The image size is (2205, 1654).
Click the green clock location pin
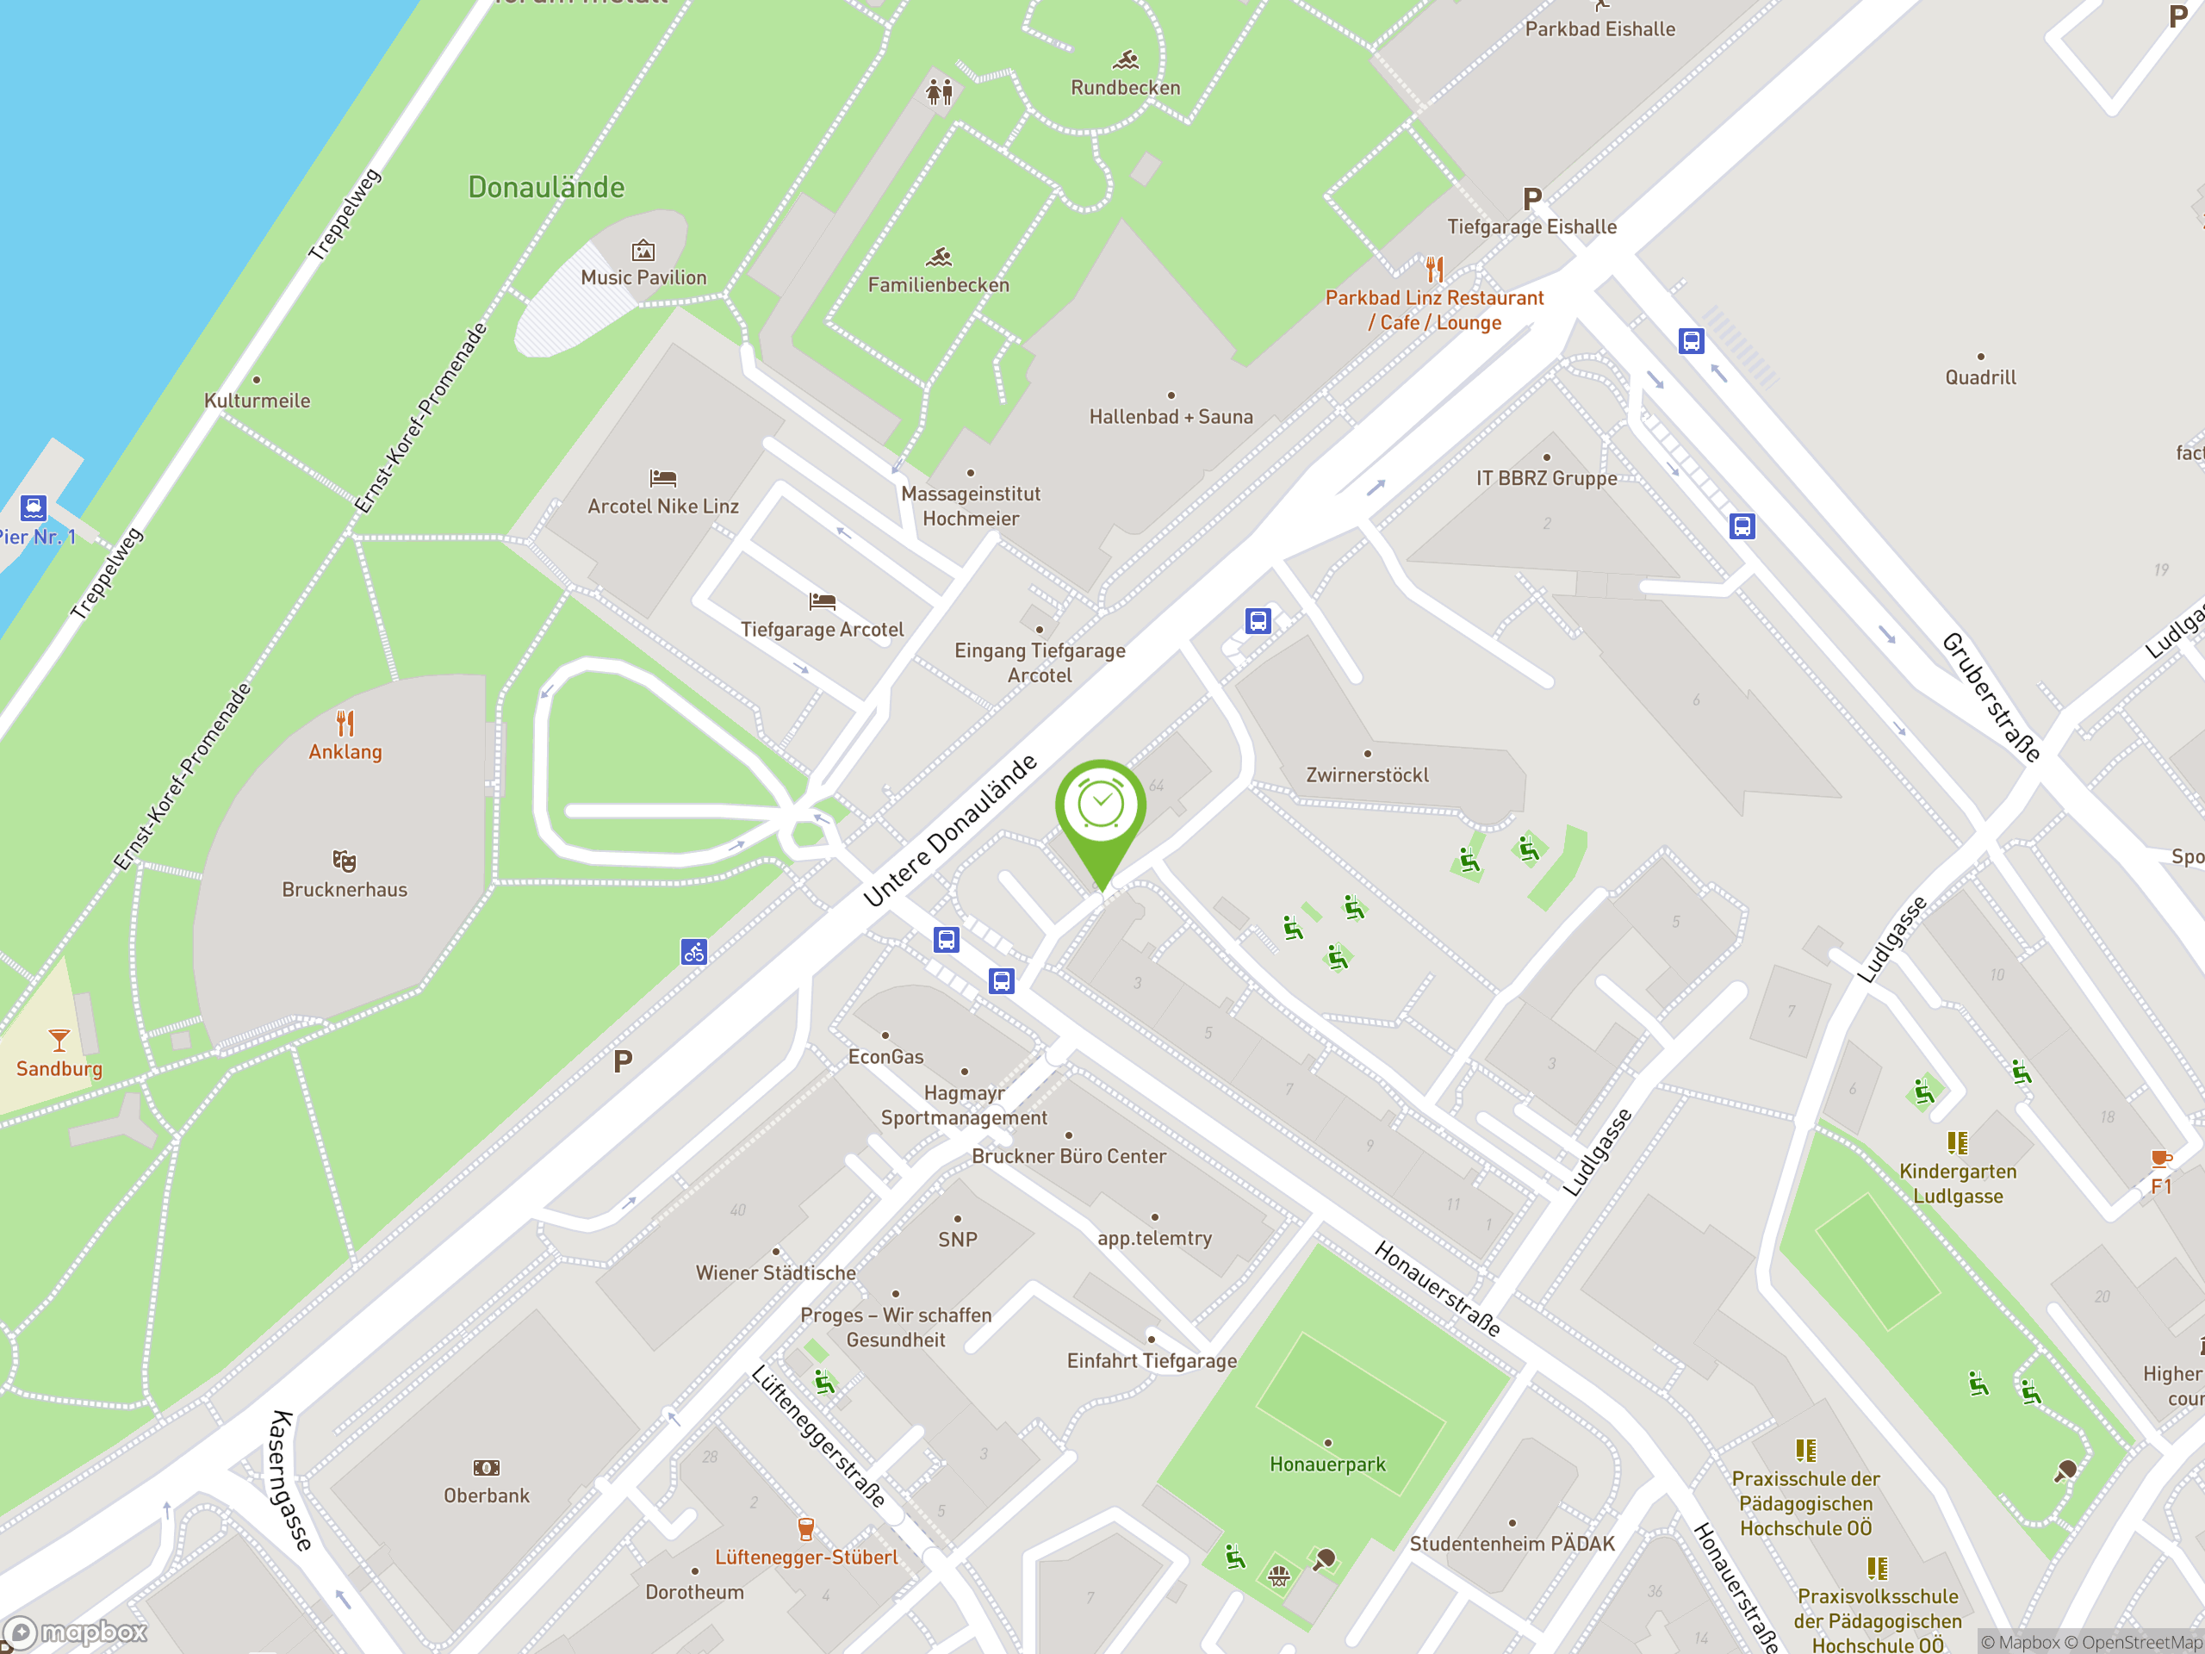click(1101, 807)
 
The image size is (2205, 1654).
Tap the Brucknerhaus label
click(344, 889)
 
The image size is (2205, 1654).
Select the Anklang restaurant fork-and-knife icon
click(345, 723)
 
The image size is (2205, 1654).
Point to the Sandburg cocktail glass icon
click(59, 1041)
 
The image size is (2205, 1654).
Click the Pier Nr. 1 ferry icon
click(33, 507)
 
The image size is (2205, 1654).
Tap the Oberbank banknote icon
click(487, 1468)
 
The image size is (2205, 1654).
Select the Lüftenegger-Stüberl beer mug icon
click(806, 1528)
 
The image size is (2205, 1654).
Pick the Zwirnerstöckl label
click(1367, 774)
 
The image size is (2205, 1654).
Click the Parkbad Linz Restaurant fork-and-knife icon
click(1434, 269)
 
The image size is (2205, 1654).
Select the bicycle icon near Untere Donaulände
click(693, 952)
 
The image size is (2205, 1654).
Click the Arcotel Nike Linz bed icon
click(663, 479)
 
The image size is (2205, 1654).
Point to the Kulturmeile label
click(258, 401)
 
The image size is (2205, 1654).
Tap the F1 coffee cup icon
click(2160, 1159)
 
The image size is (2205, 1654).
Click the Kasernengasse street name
click(290, 1481)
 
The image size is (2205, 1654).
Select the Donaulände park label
click(546, 188)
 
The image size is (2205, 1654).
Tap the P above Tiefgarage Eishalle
click(1532, 199)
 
